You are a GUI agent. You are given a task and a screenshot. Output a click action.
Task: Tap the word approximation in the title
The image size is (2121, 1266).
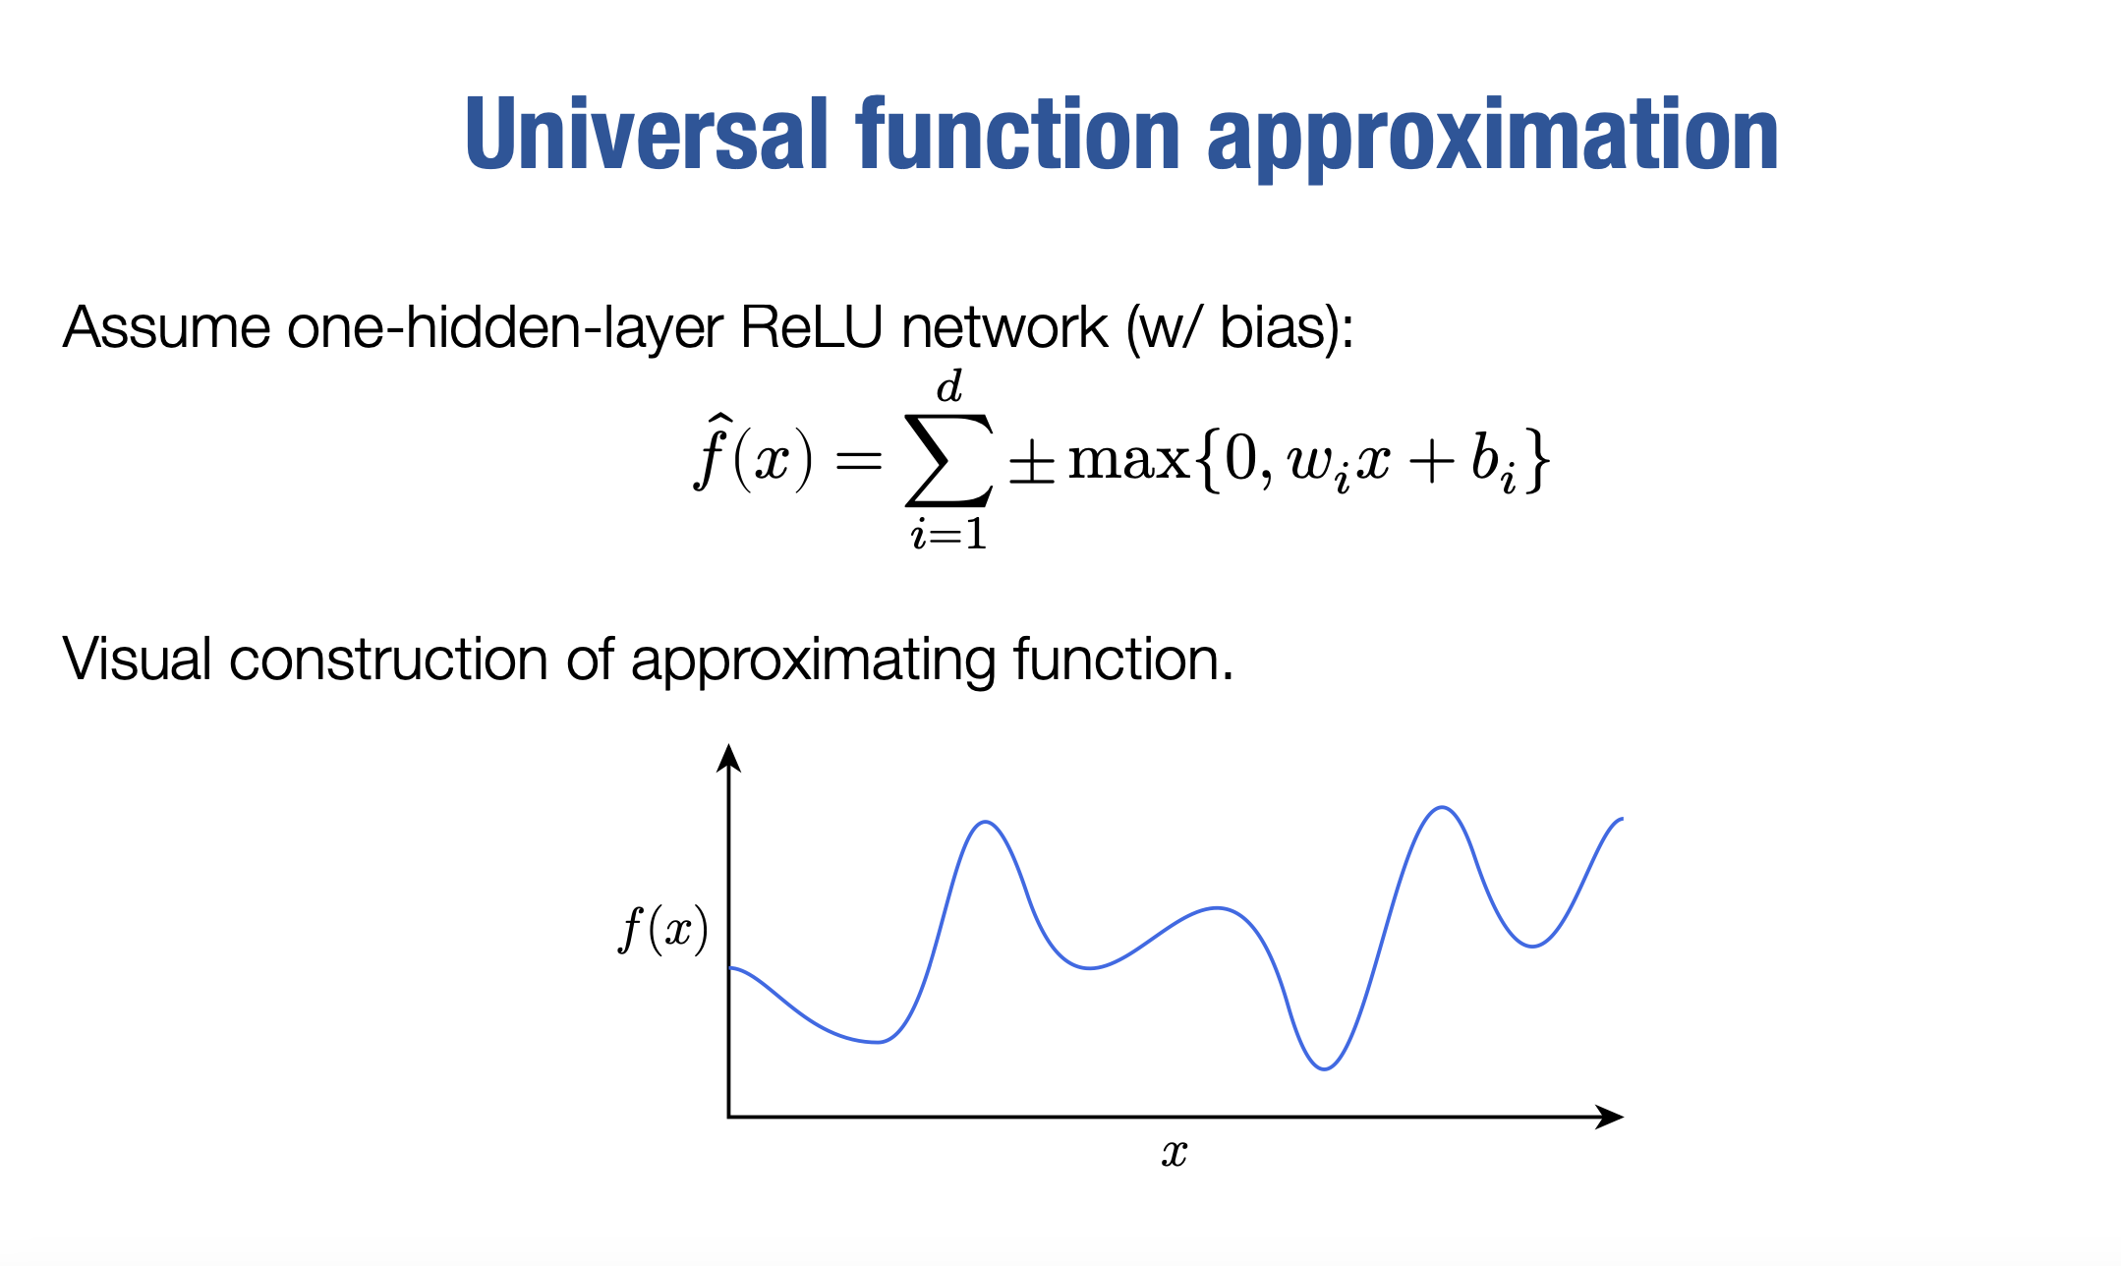pos(1493,139)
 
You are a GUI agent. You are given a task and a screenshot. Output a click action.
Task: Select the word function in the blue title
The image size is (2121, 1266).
pos(1018,135)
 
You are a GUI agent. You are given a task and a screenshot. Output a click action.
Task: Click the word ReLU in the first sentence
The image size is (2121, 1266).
pos(812,327)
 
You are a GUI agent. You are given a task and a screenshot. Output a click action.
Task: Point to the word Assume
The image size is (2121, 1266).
pos(166,327)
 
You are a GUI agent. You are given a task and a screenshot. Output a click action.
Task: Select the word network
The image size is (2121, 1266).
pos(1004,327)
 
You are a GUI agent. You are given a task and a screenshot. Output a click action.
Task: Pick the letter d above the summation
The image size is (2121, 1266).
pos(949,386)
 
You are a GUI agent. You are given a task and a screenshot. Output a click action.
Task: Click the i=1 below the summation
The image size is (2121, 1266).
pos(948,534)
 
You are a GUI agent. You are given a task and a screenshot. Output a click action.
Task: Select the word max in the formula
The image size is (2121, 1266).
pos(1128,460)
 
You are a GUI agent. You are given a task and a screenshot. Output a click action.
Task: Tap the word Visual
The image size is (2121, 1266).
pos(137,659)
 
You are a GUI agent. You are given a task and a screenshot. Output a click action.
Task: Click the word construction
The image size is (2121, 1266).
pos(388,660)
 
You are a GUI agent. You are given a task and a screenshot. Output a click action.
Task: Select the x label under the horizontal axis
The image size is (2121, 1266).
pos(1175,1153)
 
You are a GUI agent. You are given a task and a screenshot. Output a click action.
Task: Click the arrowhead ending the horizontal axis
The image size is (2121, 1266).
pos(1609,1117)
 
